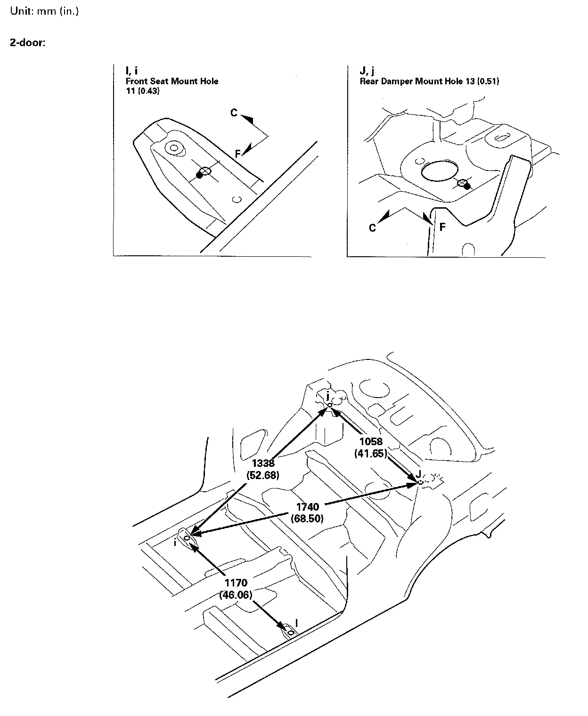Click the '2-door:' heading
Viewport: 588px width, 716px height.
click(28, 42)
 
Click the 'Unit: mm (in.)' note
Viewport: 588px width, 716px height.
click(44, 11)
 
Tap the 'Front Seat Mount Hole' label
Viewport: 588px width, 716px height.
click(171, 81)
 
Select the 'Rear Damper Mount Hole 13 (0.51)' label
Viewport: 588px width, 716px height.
click(429, 81)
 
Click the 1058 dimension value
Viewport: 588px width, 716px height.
click(371, 442)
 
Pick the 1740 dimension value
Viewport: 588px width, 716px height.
click(308, 507)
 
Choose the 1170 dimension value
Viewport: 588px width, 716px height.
click(236, 584)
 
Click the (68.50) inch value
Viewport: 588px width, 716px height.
click(308, 518)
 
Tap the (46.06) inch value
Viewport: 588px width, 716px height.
click(236, 595)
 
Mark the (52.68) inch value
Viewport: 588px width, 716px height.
click(263, 475)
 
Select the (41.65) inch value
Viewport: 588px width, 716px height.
click(370, 453)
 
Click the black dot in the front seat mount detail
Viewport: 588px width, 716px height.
click(199, 175)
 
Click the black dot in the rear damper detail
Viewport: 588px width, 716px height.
click(467, 187)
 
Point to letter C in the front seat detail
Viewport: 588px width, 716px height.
click(234, 113)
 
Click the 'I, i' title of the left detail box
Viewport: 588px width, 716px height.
click(131, 71)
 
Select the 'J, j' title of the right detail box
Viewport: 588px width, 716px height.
click(367, 71)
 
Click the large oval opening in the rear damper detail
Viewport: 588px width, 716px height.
click(440, 171)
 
